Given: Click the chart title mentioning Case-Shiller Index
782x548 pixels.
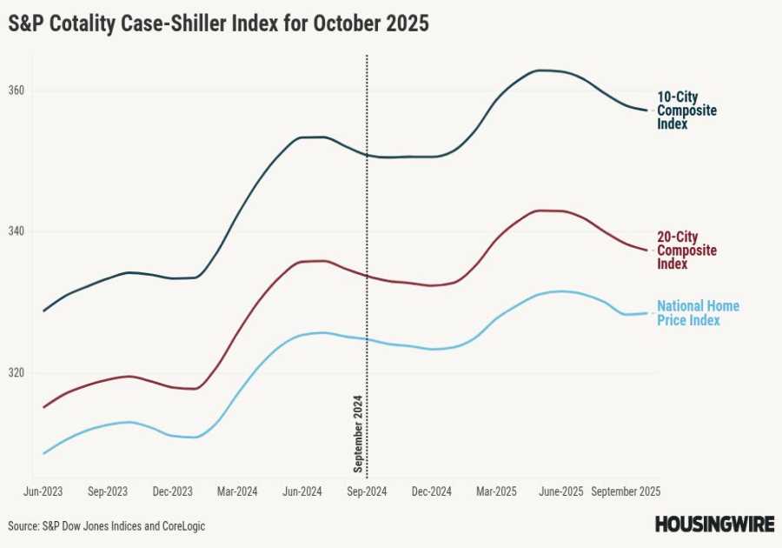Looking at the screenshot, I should (219, 24).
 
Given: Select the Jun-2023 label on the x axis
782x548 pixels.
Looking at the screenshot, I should (43, 491).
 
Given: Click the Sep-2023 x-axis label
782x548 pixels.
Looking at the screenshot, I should (108, 491).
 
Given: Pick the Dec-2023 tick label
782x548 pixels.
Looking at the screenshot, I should (173, 491).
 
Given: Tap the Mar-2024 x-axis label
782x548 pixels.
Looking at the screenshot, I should (237, 491).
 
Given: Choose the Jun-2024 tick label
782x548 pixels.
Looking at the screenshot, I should (302, 491).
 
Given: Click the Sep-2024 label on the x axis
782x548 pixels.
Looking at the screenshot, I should (367, 491).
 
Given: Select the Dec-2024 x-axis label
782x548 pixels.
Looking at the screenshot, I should (432, 491).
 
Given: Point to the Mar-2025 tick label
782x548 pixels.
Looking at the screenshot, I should (496, 491).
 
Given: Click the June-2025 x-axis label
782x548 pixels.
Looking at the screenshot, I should (560, 491).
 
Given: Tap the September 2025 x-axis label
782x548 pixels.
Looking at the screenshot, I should (626, 491).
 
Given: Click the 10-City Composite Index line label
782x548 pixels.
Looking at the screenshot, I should (686, 110).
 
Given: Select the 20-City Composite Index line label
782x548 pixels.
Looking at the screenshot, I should (686, 251).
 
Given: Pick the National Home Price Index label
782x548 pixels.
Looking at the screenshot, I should (698, 313).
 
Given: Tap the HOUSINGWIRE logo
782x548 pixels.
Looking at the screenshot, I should (713, 525).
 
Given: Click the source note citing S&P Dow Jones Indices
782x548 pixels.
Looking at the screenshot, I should (107, 526).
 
